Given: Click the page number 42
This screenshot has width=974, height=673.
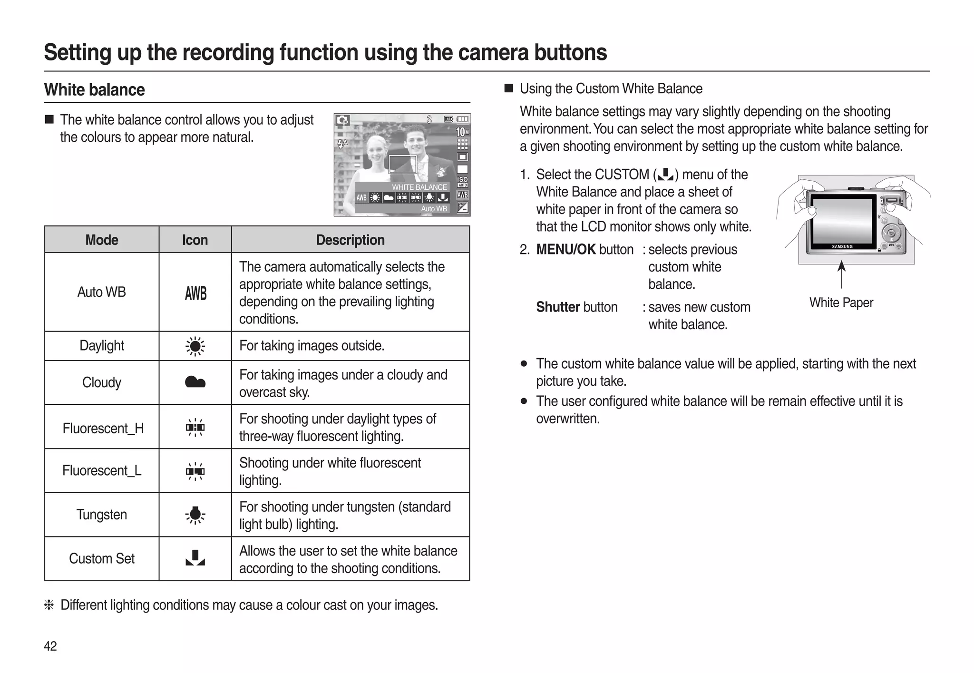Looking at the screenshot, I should (50, 646).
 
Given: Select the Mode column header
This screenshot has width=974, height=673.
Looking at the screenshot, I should (102, 240).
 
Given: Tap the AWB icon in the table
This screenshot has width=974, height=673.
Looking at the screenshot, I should (195, 293).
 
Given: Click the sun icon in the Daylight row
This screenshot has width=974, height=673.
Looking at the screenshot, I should (195, 346).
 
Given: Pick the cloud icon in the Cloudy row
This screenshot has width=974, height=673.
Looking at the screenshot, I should (195, 382).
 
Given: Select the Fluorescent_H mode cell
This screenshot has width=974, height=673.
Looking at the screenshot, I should (103, 428).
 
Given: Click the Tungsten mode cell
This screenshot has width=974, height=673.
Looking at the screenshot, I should (102, 515).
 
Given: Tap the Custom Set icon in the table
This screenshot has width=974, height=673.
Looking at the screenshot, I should (195, 558).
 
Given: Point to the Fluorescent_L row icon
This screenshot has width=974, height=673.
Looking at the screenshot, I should (195, 471).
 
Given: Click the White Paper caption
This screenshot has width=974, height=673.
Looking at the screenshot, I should (841, 302).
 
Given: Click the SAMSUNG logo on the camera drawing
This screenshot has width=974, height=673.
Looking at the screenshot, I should (842, 246).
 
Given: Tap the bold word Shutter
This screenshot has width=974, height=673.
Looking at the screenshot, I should (557, 307).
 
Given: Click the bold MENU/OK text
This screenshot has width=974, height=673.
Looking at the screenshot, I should (565, 249).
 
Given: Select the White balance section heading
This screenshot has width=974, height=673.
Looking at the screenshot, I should (94, 89).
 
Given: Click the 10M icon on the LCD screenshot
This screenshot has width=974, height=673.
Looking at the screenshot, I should (462, 131).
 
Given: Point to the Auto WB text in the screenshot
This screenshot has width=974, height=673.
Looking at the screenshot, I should (434, 208).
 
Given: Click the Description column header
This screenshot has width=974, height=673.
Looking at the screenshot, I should (350, 240).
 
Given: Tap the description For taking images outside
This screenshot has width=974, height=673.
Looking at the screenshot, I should (312, 345).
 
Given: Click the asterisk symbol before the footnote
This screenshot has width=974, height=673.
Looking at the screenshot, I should (49, 605).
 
